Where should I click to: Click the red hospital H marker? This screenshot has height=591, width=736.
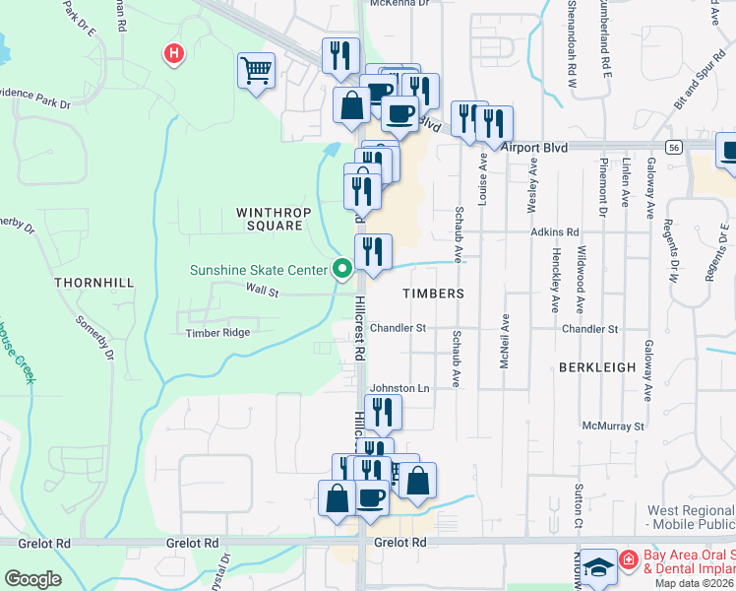pos(174,53)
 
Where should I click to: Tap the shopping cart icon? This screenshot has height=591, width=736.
pos(256,71)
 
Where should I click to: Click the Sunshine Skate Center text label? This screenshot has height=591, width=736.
pos(261,269)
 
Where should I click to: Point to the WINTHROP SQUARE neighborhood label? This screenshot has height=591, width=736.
pos(269,219)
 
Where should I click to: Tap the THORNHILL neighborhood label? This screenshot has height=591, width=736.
pos(93,283)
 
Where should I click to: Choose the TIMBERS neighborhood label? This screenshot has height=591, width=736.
pos(433,294)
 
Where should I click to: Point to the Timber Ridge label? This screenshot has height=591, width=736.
pos(217,333)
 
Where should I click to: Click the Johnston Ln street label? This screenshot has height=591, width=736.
pos(399,389)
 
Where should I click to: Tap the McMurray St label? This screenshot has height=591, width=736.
pos(612,427)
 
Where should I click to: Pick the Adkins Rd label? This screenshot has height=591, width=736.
pos(554,232)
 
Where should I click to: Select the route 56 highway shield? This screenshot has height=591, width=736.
pos(673,147)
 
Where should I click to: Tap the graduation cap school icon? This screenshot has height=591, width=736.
pos(597,567)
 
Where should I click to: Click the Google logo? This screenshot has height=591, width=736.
pos(32,579)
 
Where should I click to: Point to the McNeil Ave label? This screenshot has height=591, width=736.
pos(505,342)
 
